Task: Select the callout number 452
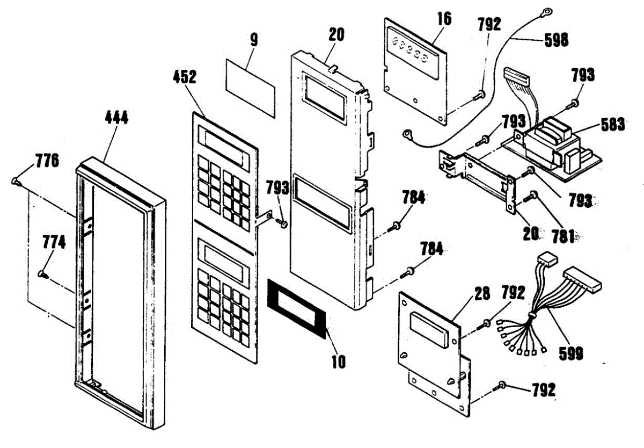click(x=184, y=77)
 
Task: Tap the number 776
click(x=47, y=161)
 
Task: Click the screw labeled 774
click(x=42, y=274)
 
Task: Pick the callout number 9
click(x=254, y=39)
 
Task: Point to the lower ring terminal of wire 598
click(x=408, y=131)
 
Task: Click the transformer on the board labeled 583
click(x=547, y=141)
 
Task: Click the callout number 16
click(x=444, y=18)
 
